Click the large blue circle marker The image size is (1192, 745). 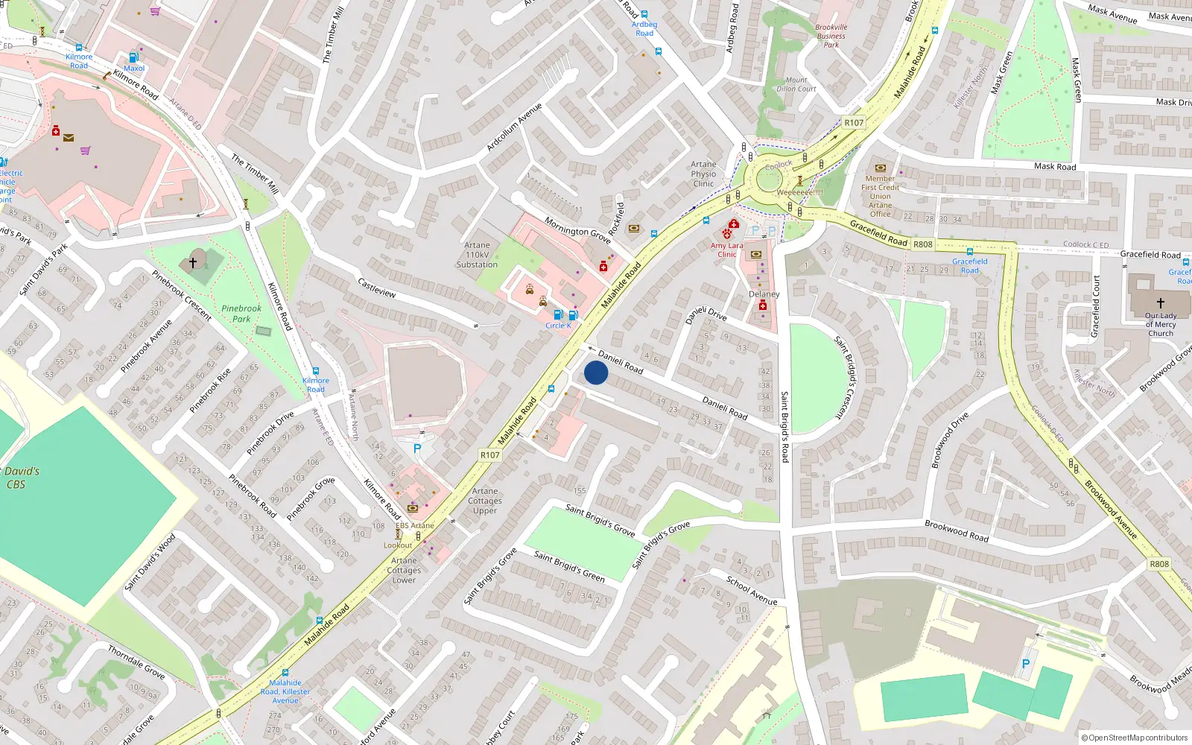point(596,372)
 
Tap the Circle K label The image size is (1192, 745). point(558,326)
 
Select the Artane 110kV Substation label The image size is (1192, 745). point(477,255)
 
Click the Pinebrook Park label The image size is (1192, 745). point(241,314)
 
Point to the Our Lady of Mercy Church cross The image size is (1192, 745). point(1160,303)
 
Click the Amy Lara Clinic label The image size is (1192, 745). point(726,250)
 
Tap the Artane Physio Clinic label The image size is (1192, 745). point(703,174)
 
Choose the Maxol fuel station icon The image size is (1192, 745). point(134,57)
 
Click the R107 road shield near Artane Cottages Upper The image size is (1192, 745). point(489,454)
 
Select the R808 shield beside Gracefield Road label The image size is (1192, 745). point(922,244)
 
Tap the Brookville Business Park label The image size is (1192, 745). point(831,36)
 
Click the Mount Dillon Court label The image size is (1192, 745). point(796,84)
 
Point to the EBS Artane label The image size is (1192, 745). point(415,525)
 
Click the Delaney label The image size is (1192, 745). point(764,294)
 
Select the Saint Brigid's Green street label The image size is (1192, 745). point(569,566)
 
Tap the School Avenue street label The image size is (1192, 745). point(752,591)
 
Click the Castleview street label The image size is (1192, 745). point(377,288)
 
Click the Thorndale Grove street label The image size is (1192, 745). point(136,662)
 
